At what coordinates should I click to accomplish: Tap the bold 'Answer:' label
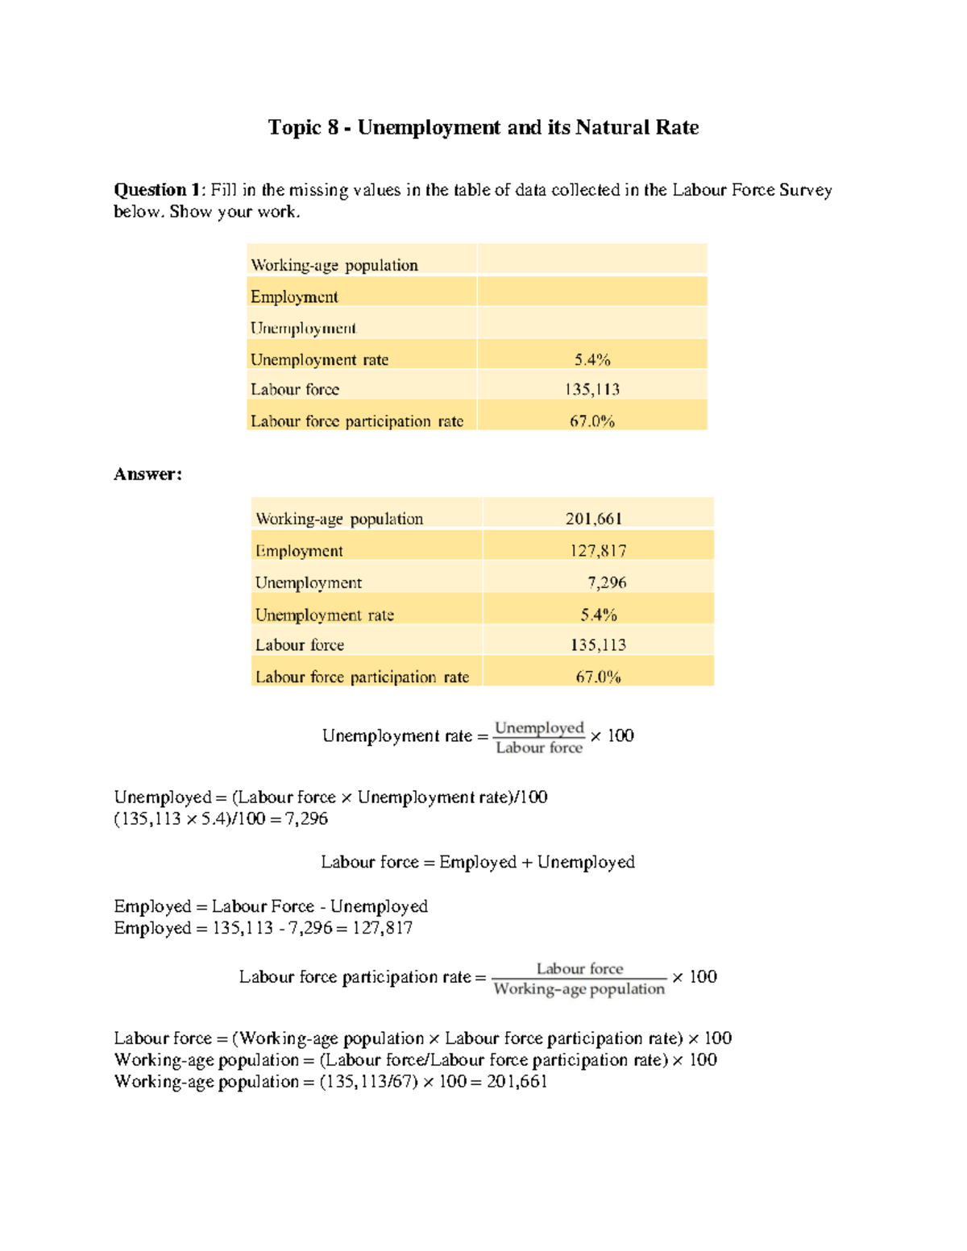(147, 474)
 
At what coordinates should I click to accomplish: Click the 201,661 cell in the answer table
(594, 519)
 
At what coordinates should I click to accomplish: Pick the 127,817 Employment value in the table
(598, 551)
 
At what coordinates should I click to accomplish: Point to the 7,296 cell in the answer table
(607, 582)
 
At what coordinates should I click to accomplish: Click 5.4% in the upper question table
(592, 359)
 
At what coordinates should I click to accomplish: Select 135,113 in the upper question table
(592, 390)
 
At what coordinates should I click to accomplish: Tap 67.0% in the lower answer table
(598, 677)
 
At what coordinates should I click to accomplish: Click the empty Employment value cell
(592, 296)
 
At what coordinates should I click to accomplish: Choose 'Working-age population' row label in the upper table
(334, 265)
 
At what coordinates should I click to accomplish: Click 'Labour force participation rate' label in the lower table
(362, 677)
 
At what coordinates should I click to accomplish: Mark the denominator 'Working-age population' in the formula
(579, 989)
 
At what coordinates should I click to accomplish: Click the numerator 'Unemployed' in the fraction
(539, 727)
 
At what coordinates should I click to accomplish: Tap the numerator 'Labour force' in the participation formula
(579, 968)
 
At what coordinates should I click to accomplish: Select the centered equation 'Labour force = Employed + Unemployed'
(478, 862)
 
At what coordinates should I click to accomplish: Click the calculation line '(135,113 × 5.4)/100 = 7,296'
(221, 819)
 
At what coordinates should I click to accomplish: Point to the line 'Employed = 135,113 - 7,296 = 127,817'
(263, 928)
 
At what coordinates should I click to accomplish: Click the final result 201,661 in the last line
(517, 1082)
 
